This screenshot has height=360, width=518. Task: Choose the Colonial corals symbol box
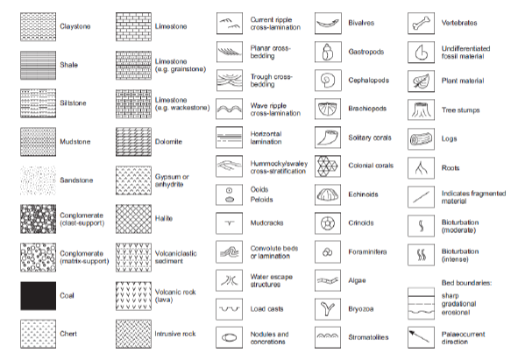pyautogui.click(x=330, y=165)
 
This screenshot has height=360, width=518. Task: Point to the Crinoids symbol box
pyautogui.click(x=330, y=222)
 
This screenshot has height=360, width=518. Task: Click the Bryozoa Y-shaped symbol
pyautogui.click(x=330, y=308)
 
